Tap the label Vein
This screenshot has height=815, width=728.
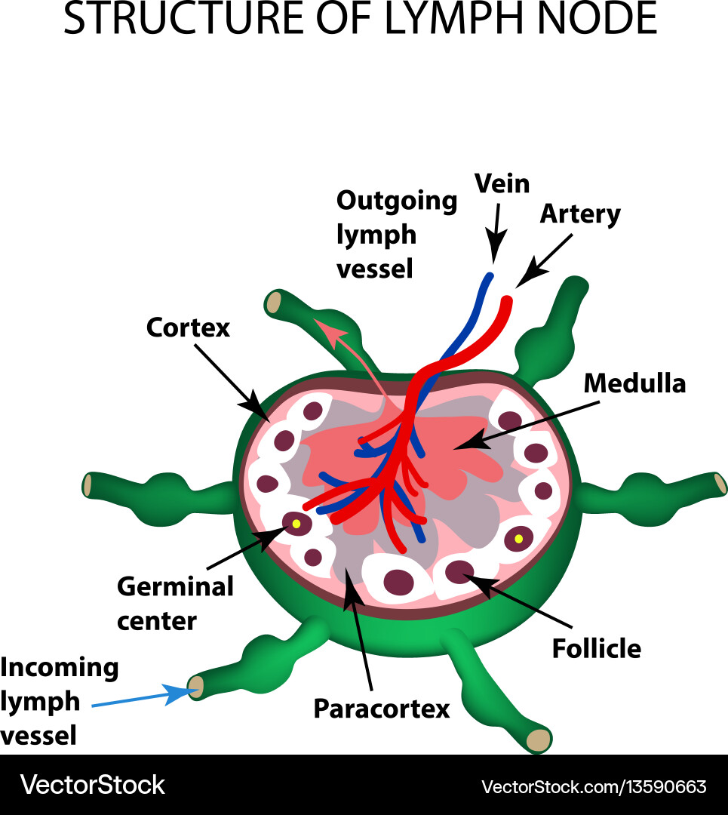click(502, 183)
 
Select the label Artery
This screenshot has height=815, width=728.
click(580, 214)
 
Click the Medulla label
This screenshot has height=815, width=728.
click(634, 383)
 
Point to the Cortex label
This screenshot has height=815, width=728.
click(188, 328)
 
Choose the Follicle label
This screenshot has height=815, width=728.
click(597, 648)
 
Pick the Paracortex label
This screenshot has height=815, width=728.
click(381, 709)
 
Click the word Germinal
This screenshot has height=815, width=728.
click(175, 586)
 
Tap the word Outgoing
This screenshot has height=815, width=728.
click(397, 201)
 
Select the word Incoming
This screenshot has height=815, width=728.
click(60, 668)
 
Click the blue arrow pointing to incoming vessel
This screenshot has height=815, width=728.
click(143, 698)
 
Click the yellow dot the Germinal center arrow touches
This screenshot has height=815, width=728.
click(296, 523)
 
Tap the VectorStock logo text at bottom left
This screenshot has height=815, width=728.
click(92, 785)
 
